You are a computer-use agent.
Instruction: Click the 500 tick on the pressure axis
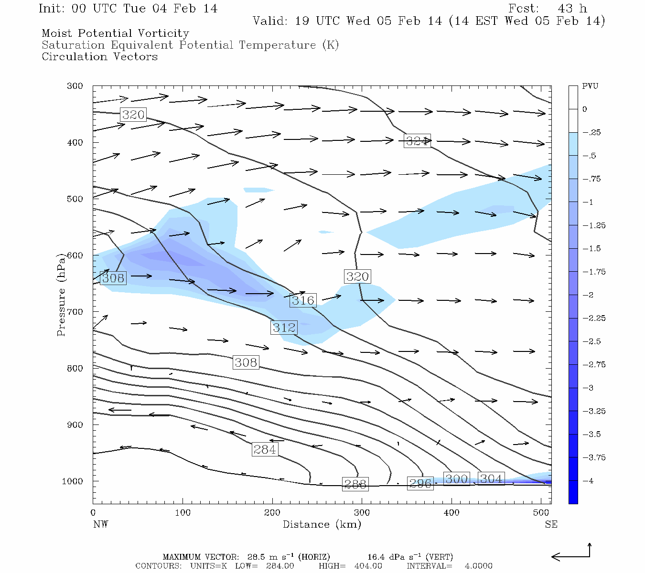75,199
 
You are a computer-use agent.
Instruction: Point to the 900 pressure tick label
75,425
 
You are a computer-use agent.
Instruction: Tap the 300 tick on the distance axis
362,513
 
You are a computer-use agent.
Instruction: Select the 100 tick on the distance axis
183,513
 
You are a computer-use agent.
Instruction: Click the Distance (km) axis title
322,525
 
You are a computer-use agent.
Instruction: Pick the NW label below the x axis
100,525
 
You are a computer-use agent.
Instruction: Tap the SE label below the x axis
551,525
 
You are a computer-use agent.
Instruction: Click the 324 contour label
417,141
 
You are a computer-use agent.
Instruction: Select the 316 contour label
303,300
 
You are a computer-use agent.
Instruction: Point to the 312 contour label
284,328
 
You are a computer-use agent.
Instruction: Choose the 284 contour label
265,449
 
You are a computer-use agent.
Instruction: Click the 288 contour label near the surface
355,484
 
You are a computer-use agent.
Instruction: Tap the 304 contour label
491,479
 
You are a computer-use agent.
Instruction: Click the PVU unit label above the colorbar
590,86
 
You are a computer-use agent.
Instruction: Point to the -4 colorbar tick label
588,481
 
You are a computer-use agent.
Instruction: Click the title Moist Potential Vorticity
115,33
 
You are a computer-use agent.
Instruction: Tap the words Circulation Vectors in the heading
99,57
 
